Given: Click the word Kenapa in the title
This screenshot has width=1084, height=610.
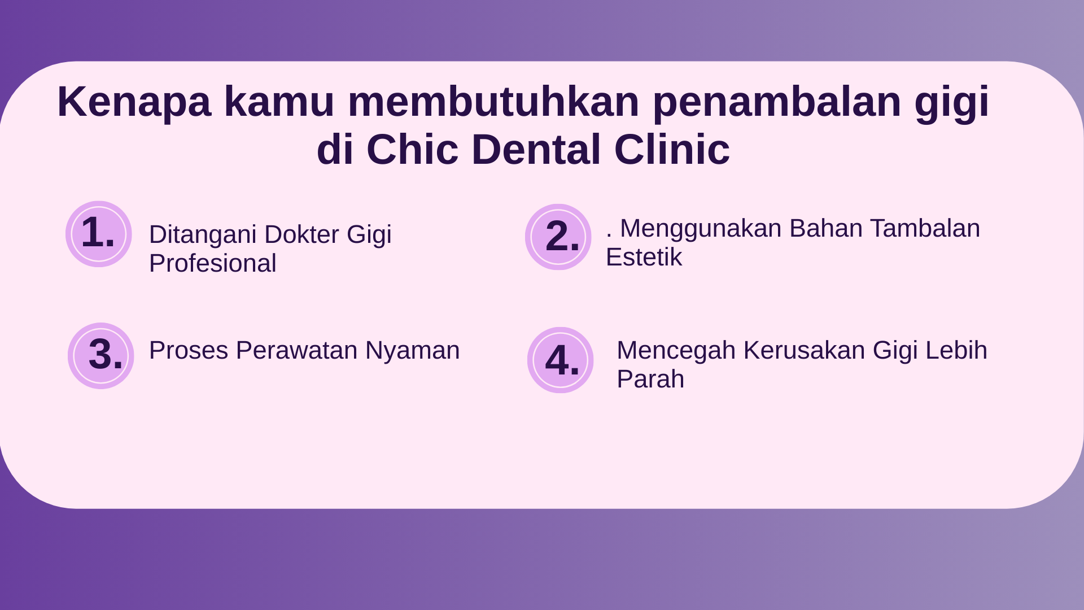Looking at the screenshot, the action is click(x=134, y=102).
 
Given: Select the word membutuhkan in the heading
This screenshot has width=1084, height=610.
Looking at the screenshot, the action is click(x=493, y=101).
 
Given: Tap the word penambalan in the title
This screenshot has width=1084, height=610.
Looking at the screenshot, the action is click(x=777, y=102).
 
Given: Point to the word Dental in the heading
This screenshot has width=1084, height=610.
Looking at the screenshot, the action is click(x=536, y=150).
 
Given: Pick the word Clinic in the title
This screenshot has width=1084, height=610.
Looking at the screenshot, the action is click(x=672, y=150).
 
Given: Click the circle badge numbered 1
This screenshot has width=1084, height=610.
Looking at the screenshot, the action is click(x=99, y=234).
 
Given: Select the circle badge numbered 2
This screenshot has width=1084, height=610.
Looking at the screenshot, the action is click(x=558, y=237).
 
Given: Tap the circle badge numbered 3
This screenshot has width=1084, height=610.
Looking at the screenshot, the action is click(x=101, y=356).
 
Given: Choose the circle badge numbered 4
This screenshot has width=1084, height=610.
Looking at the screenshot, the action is click(x=561, y=360).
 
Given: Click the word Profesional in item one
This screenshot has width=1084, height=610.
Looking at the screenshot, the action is click(x=213, y=263).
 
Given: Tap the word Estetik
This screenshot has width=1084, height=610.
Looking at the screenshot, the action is click(x=644, y=258).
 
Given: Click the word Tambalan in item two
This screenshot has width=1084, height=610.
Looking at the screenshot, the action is click(x=925, y=228).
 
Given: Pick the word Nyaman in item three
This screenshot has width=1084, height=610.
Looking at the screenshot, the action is click(x=413, y=351).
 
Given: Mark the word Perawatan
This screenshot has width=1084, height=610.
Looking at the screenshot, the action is click(x=296, y=350).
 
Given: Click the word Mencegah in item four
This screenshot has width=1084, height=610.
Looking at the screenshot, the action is click(x=676, y=351).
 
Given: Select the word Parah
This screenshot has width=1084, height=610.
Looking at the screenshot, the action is click(x=650, y=379).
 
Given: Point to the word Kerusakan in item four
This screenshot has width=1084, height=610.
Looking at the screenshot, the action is click(x=804, y=350).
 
